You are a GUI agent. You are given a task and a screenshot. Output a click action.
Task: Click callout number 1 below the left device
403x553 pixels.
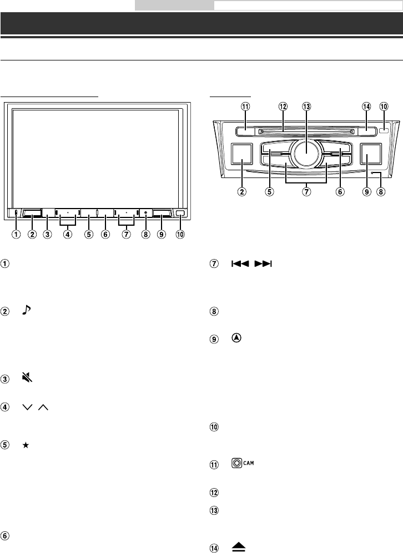(x=16, y=234)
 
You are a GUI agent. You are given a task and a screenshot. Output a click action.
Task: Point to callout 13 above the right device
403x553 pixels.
(x=306, y=106)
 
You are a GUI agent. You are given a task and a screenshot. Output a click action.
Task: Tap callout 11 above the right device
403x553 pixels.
(x=245, y=106)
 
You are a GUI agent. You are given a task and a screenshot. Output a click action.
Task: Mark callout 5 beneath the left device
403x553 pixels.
(x=88, y=234)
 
